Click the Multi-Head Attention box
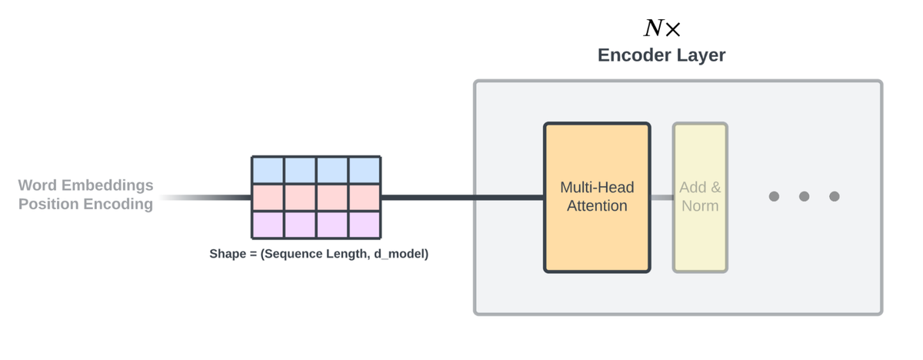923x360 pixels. pos(597,197)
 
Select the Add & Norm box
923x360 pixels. pos(700,197)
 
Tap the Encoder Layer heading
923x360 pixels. pos(661,55)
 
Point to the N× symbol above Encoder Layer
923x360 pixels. pos(661,28)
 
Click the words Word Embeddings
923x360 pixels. pos(85,185)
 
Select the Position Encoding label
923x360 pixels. pos(85,204)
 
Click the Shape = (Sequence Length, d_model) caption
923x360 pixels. pos(319,254)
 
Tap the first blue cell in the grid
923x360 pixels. pos(268,170)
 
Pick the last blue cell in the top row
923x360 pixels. pos(365,170)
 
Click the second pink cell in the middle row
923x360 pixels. pos(300,198)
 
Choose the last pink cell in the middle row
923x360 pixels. pos(365,198)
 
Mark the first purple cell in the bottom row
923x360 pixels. pos(268,225)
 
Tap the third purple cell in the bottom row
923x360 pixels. pos(332,225)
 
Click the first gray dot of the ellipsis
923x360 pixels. pos(774,196)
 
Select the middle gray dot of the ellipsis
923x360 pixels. pos(804,196)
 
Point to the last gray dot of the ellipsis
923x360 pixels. pos(835,196)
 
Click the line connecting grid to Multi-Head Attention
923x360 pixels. pos(462,198)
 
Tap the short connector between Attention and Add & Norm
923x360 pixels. pos(661,198)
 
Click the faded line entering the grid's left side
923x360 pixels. pos(205,198)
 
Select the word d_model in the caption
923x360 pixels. pos(401,254)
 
